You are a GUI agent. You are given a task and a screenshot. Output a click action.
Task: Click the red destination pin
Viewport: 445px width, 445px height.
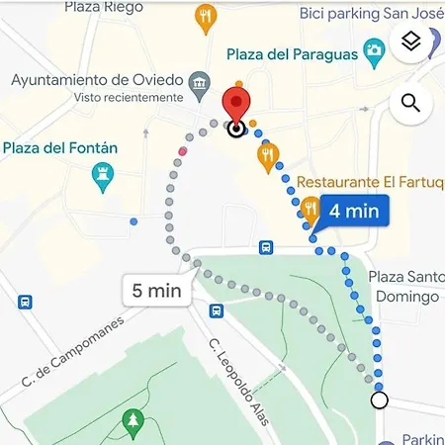[234, 104]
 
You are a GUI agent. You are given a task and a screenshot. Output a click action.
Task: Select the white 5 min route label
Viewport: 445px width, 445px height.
[156, 291]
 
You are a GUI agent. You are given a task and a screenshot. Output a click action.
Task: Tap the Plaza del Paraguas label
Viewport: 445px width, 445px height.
[292, 54]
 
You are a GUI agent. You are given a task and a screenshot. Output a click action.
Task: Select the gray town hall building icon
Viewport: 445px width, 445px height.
[200, 81]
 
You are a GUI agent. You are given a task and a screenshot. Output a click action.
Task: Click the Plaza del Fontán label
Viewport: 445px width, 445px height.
[60, 148]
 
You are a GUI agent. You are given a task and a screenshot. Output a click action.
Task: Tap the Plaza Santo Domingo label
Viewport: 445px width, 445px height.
[404, 287]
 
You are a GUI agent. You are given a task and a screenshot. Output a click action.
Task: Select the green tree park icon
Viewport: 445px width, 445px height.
[131, 424]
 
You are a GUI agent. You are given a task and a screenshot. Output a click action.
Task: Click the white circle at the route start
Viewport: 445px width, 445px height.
[379, 400]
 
